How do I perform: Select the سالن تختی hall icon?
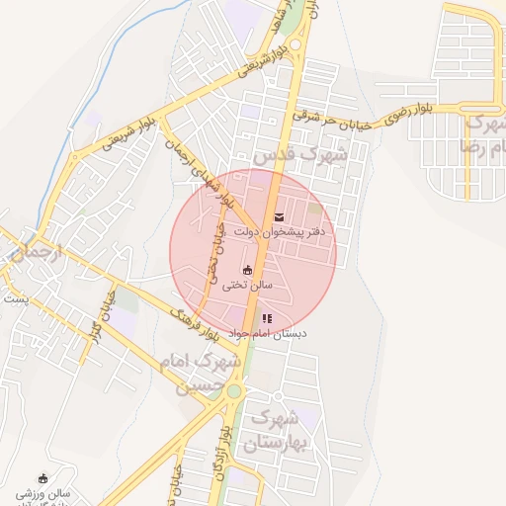click(246, 270)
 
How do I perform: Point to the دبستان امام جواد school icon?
click(267, 318)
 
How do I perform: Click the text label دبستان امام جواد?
click(268, 334)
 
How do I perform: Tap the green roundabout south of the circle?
click(234, 391)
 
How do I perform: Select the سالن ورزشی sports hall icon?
click(42, 478)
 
